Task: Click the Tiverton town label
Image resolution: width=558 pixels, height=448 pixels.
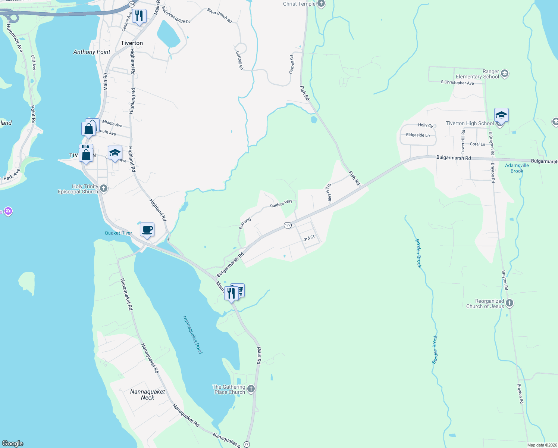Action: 132,43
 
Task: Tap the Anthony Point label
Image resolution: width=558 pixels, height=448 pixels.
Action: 92,52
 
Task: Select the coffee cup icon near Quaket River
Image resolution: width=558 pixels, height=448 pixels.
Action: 147,230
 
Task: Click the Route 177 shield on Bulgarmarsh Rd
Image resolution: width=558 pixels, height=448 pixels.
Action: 288,225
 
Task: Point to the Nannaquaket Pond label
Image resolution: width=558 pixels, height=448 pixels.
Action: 192,335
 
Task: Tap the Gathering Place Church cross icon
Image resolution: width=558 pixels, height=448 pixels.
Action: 251,389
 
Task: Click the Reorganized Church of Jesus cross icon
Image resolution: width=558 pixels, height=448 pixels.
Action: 510,304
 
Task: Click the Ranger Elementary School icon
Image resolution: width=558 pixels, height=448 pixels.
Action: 505,74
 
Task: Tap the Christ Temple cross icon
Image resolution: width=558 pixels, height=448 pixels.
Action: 321,4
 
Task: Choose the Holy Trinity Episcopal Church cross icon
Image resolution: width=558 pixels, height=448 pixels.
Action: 104,189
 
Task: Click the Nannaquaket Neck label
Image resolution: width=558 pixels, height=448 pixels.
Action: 147,395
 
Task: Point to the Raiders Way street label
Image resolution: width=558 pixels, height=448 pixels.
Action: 281,203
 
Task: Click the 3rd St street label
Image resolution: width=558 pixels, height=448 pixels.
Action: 309,238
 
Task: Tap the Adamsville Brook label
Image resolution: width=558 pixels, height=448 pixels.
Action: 517,168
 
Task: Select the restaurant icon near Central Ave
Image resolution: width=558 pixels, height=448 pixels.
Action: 139,16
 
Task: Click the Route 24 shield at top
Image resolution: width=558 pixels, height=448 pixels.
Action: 132,4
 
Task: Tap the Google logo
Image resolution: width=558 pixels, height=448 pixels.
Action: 13,444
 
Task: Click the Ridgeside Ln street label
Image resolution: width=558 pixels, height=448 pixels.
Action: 418,135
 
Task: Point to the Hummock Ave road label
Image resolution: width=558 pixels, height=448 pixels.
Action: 15,38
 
